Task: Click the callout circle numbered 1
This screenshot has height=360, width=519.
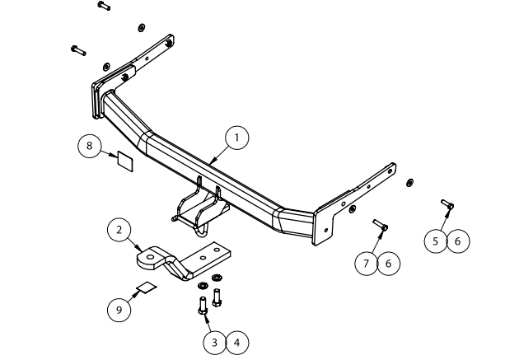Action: coord(237,138)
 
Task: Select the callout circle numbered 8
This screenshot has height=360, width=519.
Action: coord(89,147)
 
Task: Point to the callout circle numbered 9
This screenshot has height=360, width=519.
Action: coord(119,309)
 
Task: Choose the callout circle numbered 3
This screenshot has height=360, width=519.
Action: coord(214,341)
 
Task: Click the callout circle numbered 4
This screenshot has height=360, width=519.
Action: coord(236,341)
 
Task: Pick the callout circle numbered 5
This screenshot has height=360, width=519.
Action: coord(437,241)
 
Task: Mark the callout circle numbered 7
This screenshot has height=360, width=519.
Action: coord(367,263)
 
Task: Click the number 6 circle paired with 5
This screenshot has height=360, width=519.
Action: coord(458,241)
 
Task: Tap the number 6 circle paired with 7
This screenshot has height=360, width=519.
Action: coord(389,263)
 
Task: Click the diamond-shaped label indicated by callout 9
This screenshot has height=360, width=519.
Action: coord(147,287)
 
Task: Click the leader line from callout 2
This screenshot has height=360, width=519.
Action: coord(137,242)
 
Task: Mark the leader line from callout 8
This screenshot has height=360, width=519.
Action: coord(108,153)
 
